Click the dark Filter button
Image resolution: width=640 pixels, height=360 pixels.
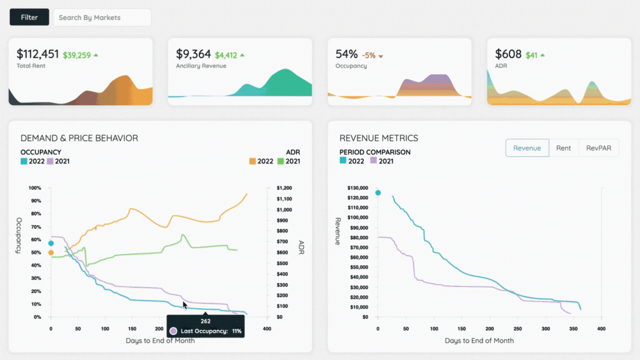(29, 17)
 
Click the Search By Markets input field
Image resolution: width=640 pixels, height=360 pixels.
(102, 17)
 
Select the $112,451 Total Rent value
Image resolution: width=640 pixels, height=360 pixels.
(37, 54)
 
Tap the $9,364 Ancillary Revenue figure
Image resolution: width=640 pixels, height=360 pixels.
(193, 54)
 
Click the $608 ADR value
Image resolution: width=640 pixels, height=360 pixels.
(508, 54)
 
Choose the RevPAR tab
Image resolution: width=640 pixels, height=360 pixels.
(598, 148)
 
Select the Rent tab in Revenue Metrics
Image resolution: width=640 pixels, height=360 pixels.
(563, 148)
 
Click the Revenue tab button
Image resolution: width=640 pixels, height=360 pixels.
(527, 148)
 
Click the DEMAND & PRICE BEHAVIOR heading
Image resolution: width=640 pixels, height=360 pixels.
(79, 138)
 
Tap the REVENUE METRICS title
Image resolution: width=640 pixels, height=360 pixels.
(379, 138)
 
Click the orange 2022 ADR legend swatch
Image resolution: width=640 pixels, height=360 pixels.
(252, 161)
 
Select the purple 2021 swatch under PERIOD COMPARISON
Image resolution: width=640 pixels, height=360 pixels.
(374, 161)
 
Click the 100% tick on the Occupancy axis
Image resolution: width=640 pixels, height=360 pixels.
(35, 187)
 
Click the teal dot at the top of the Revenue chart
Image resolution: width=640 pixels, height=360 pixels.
(377, 193)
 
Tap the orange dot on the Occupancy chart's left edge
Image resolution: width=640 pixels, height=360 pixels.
(51, 253)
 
